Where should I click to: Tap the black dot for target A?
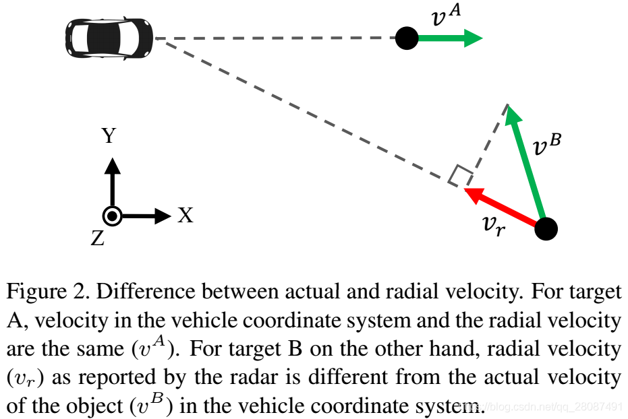pos(406,38)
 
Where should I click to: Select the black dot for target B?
pos(546,229)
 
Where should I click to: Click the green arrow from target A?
pos(449,38)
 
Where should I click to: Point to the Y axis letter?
pos(109,137)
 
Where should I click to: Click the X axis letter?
pos(185,216)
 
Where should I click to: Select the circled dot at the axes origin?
pos(112,216)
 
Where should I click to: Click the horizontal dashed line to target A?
pos(277,38)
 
